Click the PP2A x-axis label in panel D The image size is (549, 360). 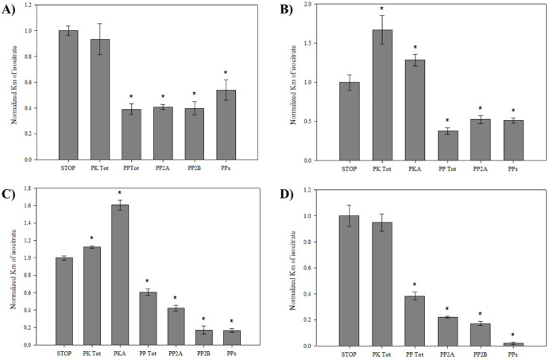(450, 354)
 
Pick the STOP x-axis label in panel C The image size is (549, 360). (64, 353)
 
